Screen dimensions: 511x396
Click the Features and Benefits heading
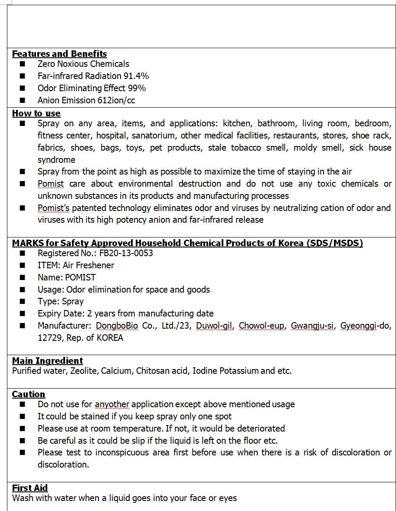coord(59,54)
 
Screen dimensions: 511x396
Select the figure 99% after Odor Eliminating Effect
coord(137,88)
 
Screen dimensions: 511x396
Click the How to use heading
coord(36,113)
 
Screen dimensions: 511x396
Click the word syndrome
coord(56,160)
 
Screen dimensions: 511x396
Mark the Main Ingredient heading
coord(47,361)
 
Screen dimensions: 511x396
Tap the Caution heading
coord(29,394)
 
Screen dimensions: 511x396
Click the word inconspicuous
coord(125,452)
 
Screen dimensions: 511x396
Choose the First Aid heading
coord(30,488)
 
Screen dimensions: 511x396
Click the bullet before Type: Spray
coord(23,302)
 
